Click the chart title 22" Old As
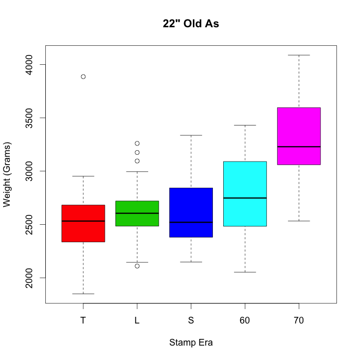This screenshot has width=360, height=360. [x=191, y=24]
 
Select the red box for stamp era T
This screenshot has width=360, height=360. [x=83, y=223]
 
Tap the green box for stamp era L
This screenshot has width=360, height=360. [x=137, y=213]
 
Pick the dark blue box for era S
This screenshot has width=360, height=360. [x=191, y=212]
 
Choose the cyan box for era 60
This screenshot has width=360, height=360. [x=245, y=194]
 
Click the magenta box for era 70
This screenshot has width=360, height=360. [x=299, y=136]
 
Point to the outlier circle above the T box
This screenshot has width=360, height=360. [x=83, y=77]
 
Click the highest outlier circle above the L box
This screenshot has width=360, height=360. [x=137, y=143]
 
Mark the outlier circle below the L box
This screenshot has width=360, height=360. [x=137, y=266]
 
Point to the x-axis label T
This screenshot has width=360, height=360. [x=83, y=320]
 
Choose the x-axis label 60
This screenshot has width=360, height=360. [x=245, y=320]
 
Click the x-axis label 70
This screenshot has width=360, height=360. [x=299, y=320]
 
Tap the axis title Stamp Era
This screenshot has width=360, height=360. [x=191, y=343]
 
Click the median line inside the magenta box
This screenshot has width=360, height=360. [x=299, y=147]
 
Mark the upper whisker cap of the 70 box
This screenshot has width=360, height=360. [x=299, y=55]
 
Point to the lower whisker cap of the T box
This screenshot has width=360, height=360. [x=83, y=294]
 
